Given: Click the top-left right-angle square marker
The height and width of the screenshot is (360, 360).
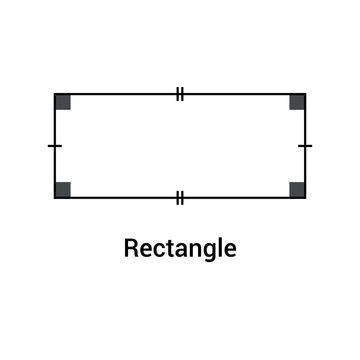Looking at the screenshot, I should (63, 101).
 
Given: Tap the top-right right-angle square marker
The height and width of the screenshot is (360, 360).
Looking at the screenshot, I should (297, 101).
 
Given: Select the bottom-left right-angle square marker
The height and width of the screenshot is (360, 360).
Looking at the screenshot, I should (63, 189).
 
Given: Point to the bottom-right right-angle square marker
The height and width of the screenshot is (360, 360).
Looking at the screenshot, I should (297, 189).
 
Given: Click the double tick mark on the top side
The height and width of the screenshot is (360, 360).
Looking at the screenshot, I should (180, 94).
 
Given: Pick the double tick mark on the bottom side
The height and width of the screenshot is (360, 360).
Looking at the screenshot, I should (180, 197).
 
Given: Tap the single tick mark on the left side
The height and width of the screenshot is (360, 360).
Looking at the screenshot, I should (55, 146).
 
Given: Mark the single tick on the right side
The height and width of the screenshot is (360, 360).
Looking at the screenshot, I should (305, 146).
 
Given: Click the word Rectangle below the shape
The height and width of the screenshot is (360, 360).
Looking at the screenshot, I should (180, 247).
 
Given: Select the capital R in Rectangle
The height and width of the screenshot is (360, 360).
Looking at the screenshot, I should (131, 246).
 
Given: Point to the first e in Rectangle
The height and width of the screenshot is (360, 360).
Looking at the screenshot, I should (144, 248).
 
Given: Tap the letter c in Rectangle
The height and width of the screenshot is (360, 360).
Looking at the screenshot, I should (156, 248).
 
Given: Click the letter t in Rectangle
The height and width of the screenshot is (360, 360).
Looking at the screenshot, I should (166, 247).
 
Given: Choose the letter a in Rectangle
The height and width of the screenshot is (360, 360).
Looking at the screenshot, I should (176, 248).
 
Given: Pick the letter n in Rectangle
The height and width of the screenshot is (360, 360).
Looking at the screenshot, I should (189, 248).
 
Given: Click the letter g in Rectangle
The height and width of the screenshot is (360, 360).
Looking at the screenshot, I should (202, 250).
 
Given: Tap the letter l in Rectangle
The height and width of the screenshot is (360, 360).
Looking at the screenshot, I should (212, 246).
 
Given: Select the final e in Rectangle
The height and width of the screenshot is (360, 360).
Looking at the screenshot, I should (222, 248).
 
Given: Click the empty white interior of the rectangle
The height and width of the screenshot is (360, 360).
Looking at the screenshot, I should (180, 146).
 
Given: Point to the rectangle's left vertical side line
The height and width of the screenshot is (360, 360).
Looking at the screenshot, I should (55, 125).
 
